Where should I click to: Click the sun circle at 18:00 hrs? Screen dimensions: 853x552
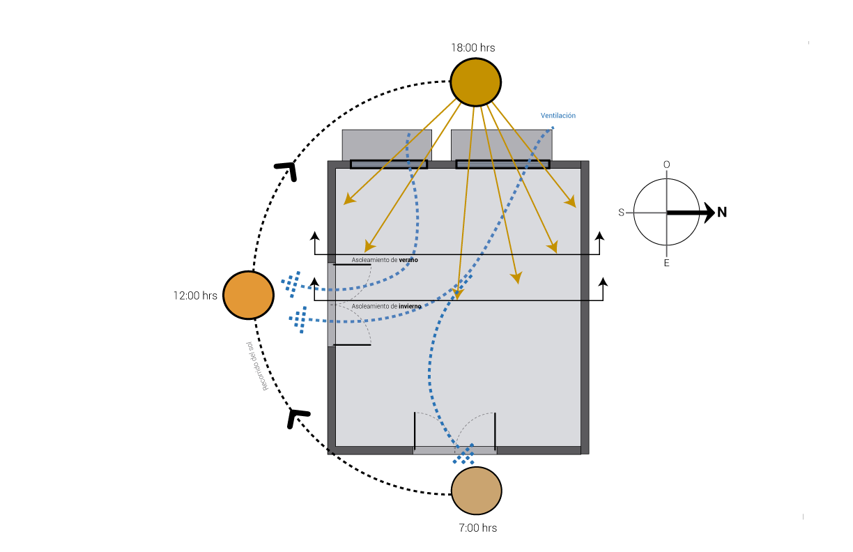(x=475, y=82)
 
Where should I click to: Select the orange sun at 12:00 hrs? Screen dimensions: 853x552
(x=248, y=295)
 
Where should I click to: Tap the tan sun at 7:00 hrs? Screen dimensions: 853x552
(x=477, y=491)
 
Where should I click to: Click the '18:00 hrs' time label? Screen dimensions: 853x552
(x=473, y=47)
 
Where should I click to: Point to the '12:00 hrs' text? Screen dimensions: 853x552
(x=195, y=296)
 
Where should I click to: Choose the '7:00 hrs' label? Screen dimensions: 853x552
(x=478, y=528)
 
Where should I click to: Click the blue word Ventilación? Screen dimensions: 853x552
(x=558, y=116)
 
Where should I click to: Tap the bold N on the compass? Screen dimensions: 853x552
(x=722, y=212)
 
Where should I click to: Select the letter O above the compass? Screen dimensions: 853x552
(x=666, y=164)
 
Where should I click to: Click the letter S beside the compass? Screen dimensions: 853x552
(x=621, y=213)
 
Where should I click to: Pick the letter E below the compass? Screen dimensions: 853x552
(x=666, y=263)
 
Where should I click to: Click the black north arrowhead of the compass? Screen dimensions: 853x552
(x=709, y=213)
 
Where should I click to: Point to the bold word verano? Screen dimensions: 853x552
(x=408, y=260)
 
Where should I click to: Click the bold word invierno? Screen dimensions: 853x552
(x=410, y=306)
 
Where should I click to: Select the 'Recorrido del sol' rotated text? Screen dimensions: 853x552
(x=257, y=366)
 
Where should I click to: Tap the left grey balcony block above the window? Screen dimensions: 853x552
(x=387, y=145)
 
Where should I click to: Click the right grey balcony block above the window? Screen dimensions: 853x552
(x=502, y=145)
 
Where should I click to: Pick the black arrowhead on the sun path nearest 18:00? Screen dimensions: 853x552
(x=289, y=170)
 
